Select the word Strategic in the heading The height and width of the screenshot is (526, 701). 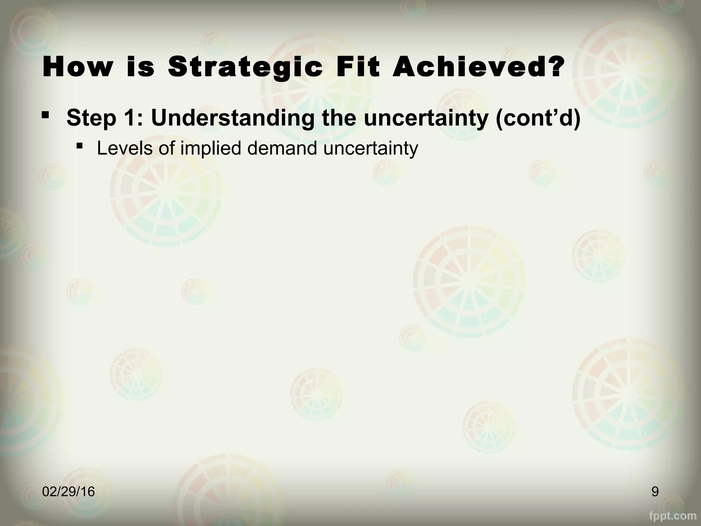coord(245,67)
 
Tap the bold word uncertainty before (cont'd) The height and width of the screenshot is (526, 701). coord(424,118)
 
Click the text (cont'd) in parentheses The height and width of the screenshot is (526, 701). coord(537,118)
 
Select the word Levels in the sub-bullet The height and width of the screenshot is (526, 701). coord(124,148)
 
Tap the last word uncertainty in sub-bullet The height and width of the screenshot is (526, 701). coord(371,148)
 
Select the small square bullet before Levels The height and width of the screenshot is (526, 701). coord(80,146)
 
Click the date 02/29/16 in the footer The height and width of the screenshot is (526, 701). coord(68,492)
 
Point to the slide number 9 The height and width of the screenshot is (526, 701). coord(655,492)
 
